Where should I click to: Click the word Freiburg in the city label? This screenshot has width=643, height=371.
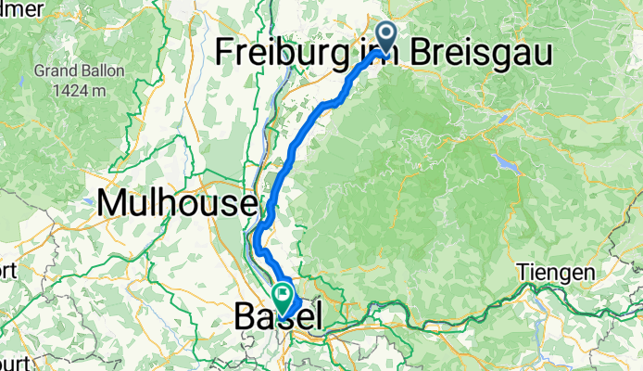click(x=284, y=53)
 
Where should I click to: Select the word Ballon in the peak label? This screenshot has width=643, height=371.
click(x=96, y=70)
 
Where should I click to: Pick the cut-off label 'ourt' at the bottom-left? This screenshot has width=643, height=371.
click(x=11, y=362)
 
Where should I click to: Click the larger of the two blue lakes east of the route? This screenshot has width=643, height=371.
click(x=508, y=164)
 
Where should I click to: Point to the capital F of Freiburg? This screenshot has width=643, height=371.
click(x=225, y=53)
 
